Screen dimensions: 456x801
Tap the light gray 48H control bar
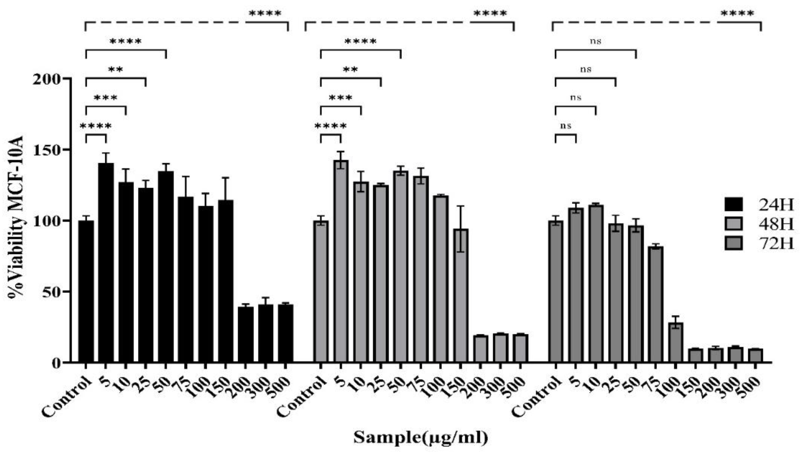point(321,291)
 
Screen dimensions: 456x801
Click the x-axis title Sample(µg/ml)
point(421,438)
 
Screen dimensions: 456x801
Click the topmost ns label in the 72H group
point(595,41)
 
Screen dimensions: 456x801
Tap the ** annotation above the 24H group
point(116,70)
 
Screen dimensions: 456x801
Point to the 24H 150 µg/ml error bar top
point(226,178)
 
